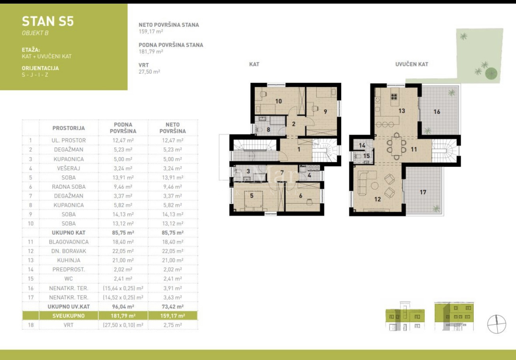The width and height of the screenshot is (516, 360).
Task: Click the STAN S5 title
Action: [48, 21]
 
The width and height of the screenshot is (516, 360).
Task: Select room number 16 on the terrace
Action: [437, 112]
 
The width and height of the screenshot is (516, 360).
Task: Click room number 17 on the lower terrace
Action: [423, 192]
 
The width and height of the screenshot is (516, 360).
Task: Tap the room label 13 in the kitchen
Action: [402, 110]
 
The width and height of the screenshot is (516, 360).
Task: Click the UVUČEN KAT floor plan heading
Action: [412, 64]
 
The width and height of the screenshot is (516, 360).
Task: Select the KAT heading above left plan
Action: [254, 64]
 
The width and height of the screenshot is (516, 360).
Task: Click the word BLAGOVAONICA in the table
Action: [68, 242]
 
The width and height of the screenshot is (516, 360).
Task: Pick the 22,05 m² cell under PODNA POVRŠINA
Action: [123, 251]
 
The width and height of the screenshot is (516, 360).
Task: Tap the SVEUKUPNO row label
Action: [68, 316]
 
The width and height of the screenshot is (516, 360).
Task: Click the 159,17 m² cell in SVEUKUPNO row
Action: [173, 316]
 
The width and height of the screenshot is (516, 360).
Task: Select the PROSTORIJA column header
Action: [68, 128]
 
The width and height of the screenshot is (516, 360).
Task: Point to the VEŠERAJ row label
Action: [68, 168]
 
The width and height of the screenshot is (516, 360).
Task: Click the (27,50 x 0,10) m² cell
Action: [123, 325]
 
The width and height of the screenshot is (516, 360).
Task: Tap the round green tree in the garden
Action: [491, 73]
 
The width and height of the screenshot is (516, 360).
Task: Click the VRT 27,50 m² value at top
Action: [149, 72]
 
